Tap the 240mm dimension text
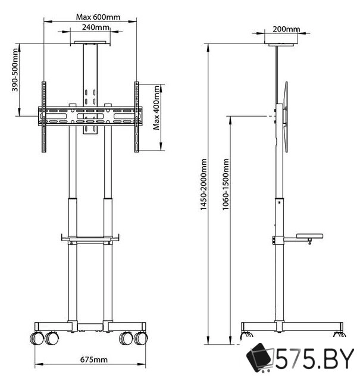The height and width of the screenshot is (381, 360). (x=95, y=27)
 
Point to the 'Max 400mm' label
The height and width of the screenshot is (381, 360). (x=156, y=108)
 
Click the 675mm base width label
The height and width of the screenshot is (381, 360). (x=95, y=360)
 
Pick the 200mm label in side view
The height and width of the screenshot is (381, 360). (x=285, y=29)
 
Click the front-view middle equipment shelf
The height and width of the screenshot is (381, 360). (x=90, y=239)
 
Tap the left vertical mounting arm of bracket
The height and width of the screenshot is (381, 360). (x=43, y=116)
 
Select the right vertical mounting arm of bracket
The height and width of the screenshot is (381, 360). (x=137, y=116)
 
